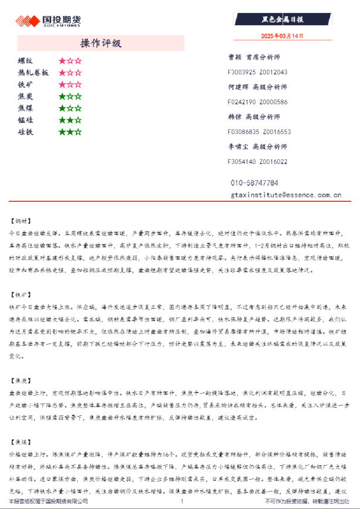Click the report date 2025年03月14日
[x=282, y=36]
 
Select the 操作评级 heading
[x=101, y=43]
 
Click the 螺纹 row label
[x=26, y=60]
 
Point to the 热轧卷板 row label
[x=33, y=73]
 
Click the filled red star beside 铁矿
[x=61, y=84]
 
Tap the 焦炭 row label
[x=26, y=96]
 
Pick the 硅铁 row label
[x=26, y=132]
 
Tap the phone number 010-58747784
[x=254, y=183]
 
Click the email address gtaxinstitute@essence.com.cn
[x=286, y=195]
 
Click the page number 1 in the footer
[x=182, y=501]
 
